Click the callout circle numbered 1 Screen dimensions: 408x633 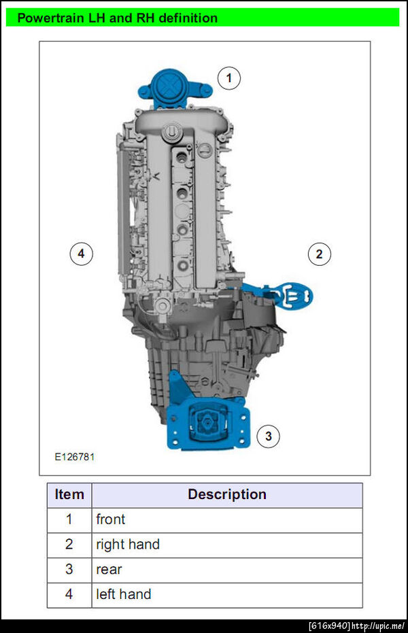(228, 78)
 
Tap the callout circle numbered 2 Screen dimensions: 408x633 (319, 254)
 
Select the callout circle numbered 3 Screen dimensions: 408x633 (269, 436)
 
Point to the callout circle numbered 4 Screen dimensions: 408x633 (81, 254)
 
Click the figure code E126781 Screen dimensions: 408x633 (75, 457)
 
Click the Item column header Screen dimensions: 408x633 (69, 494)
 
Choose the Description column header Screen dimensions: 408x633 (227, 494)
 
